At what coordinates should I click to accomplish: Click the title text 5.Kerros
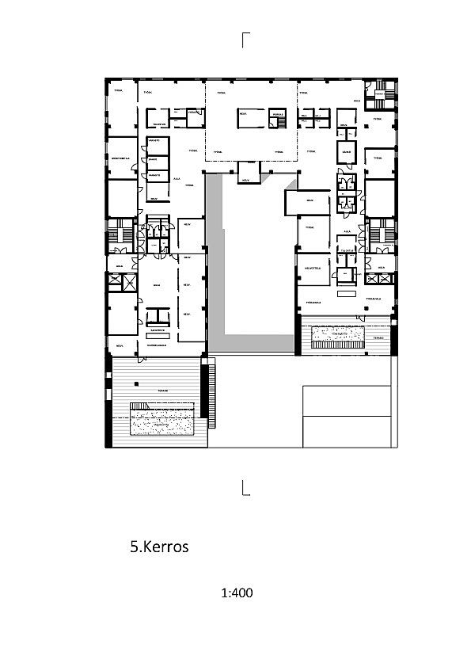tap(159, 547)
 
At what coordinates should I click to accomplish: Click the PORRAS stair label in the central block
tap(276, 114)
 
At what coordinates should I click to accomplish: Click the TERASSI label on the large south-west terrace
tap(161, 390)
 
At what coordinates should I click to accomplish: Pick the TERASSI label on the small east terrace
tap(379, 337)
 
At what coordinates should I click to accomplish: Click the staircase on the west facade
tap(119, 235)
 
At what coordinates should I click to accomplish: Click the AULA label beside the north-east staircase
tap(357, 101)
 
